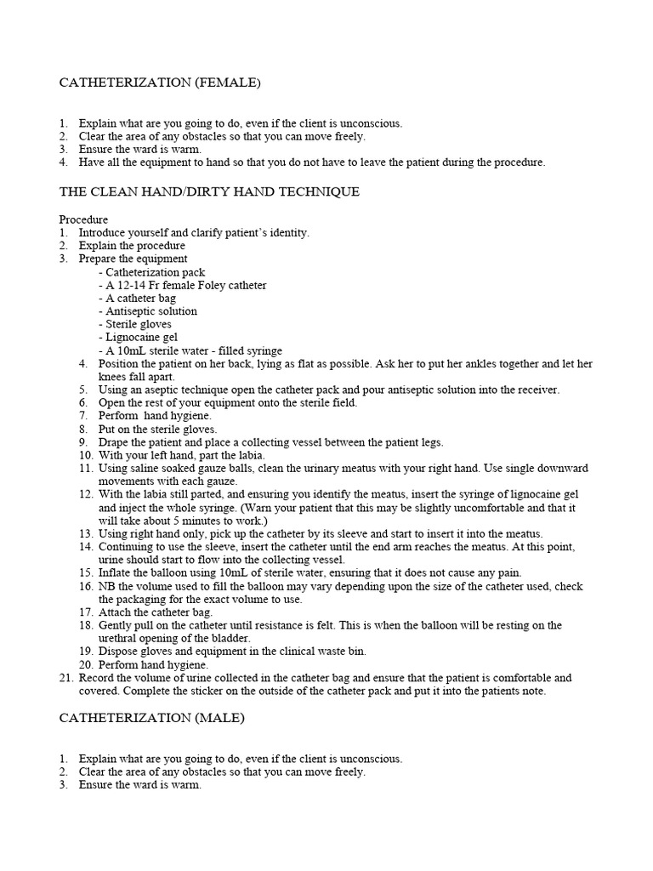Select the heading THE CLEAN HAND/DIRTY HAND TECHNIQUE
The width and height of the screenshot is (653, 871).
pos(209,191)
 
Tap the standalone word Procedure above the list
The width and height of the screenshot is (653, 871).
pos(83,219)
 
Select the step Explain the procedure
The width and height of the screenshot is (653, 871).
pos(132,246)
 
